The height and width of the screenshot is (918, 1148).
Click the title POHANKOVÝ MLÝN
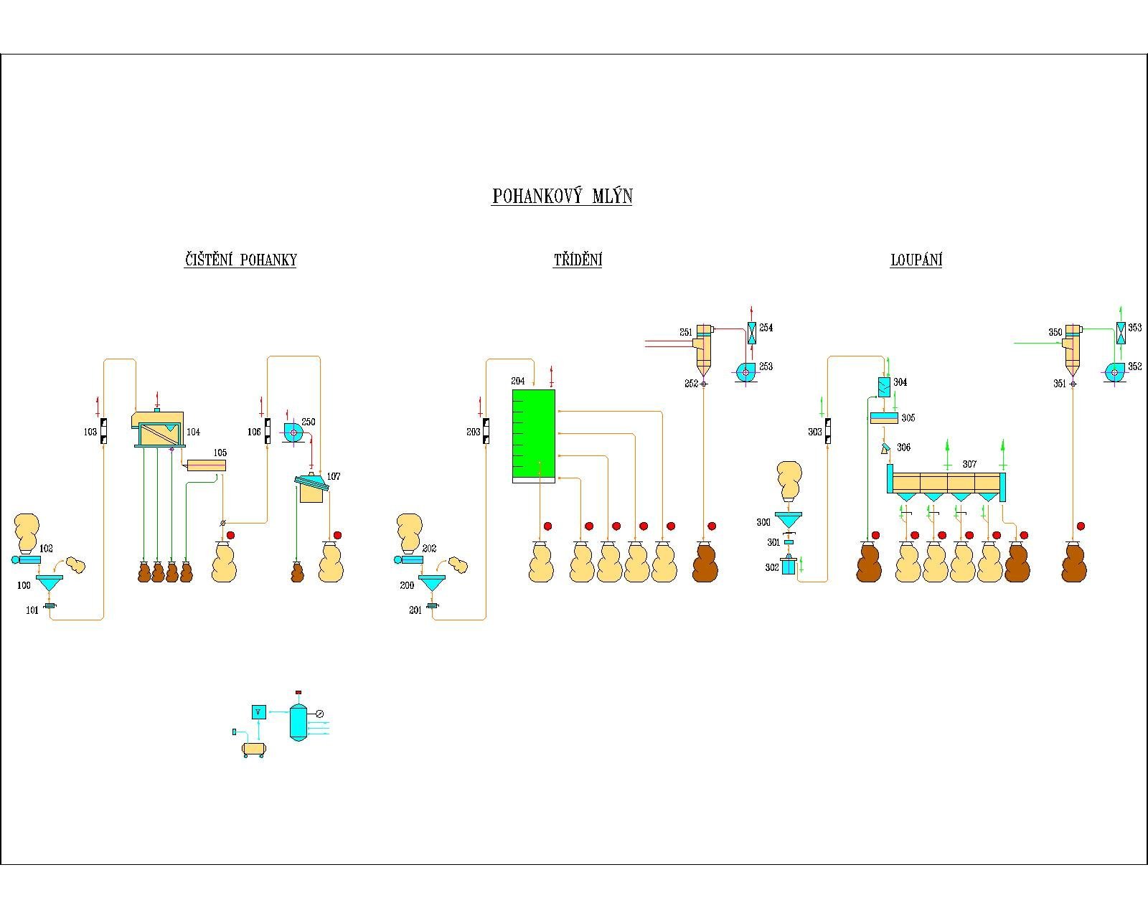[562, 197]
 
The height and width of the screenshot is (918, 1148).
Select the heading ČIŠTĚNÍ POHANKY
[240, 260]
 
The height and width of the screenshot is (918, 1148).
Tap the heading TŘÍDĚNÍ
[578, 260]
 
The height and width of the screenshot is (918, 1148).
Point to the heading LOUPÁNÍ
[916, 260]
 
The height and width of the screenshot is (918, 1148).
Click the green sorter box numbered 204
[533, 434]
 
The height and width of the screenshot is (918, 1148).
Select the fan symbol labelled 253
[746, 372]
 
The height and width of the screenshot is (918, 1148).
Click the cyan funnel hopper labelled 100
[49, 582]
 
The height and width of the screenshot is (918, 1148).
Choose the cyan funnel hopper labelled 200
[432, 582]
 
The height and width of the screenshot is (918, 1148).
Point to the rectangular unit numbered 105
[206, 465]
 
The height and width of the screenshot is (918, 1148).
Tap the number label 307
[969, 464]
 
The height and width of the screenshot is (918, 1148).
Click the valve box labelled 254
[751, 333]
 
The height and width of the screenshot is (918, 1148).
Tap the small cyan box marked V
[259, 711]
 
